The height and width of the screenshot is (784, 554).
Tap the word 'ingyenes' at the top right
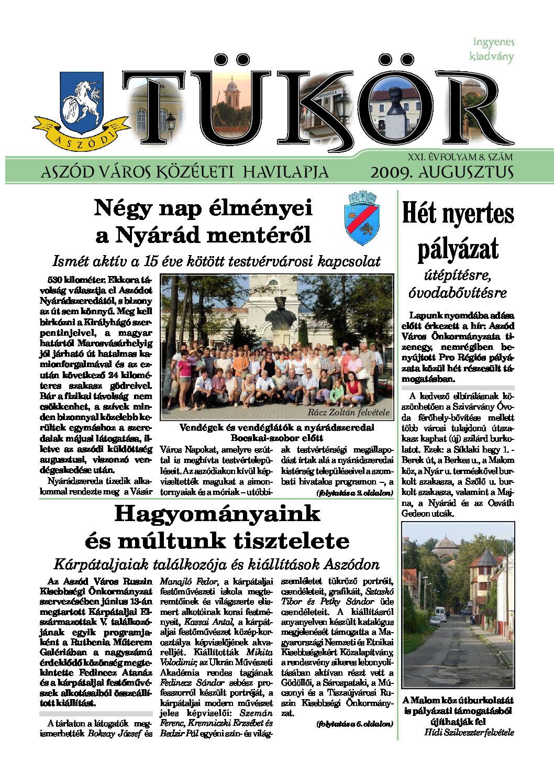493,42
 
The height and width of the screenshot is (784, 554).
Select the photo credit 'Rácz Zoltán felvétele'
348,412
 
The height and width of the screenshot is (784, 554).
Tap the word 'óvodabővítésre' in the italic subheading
458,292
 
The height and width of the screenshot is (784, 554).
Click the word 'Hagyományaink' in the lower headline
217,513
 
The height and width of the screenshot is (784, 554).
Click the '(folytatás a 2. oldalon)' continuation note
354,493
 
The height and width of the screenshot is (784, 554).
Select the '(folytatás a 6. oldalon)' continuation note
354,724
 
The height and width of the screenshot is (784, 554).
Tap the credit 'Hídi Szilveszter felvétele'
469,732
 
